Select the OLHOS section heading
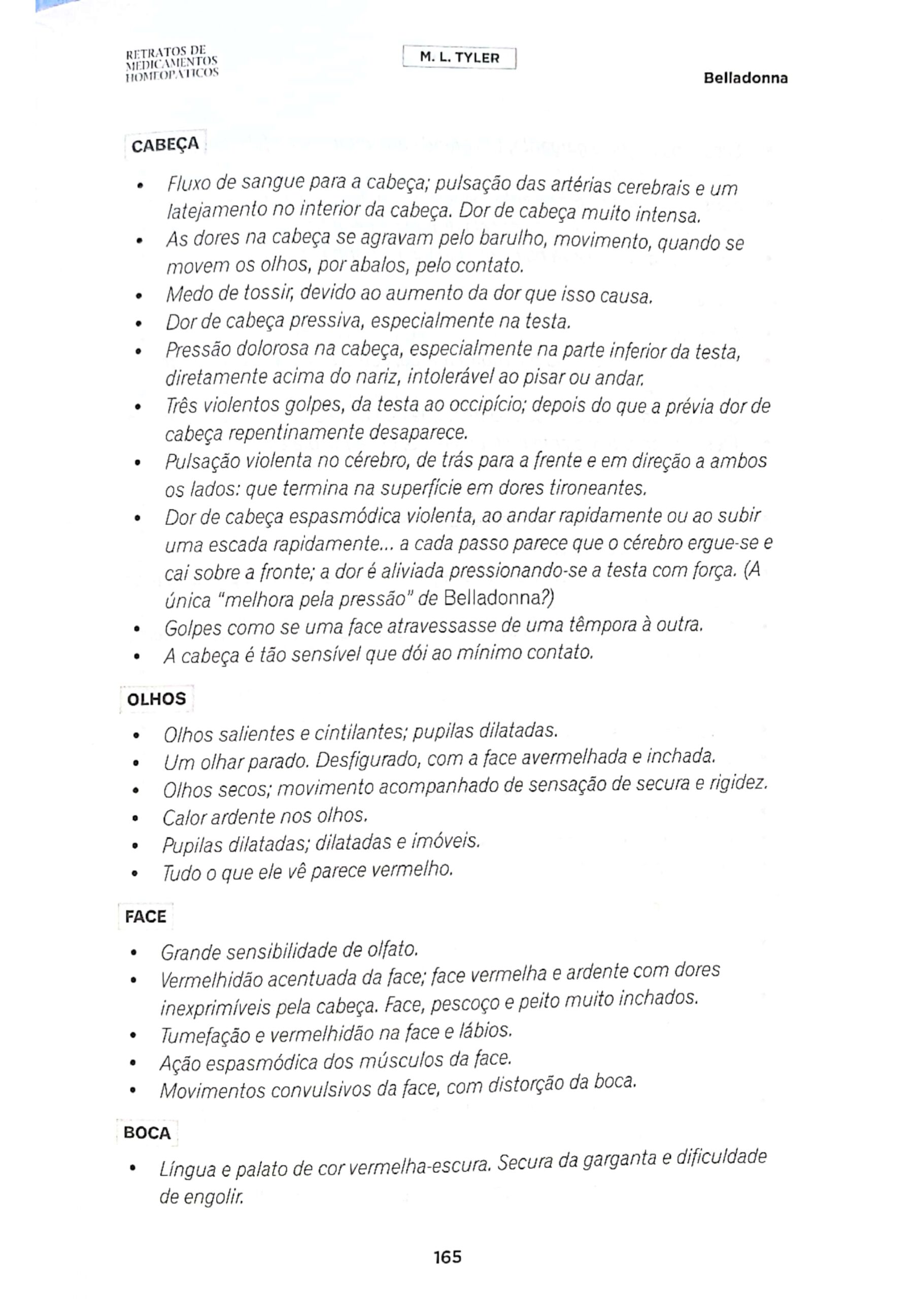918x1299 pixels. point(156,699)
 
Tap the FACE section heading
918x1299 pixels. point(146,916)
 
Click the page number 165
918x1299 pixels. point(448,1257)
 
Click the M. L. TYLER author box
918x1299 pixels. point(460,58)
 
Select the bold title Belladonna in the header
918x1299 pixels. point(745,78)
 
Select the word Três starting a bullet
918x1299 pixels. point(182,405)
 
